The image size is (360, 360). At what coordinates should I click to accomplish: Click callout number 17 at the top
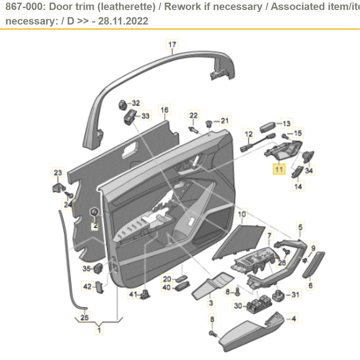pyautogui.click(x=172, y=44)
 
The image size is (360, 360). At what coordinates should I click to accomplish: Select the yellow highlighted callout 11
pyautogui.click(x=279, y=169)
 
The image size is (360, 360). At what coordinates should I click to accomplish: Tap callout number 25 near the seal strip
pyautogui.click(x=84, y=317)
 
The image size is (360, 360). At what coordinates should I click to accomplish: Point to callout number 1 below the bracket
pyautogui.click(x=99, y=330)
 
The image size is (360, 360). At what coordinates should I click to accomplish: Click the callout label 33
pyautogui.click(x=145, y=115)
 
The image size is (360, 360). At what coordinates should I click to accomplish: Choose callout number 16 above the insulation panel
pyautogui.click(x=165, y=110)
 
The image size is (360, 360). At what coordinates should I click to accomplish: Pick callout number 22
pyautogui.click(x=193, y=115)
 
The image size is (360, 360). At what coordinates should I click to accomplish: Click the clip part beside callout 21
pyautogui.click(x=209, y=123)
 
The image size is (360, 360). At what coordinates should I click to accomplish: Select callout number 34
pyautogui.click(x=309, y=170)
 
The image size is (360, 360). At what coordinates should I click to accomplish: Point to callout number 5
pyautogui.click(x=300, y=227)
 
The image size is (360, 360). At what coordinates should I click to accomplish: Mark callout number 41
pyautogui.click(x=133, y=294)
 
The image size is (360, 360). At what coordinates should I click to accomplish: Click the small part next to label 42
pyautogui.click(x=99, y=286)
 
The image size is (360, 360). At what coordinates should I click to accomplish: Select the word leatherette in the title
pyautogui.click(x=122, y=6)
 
